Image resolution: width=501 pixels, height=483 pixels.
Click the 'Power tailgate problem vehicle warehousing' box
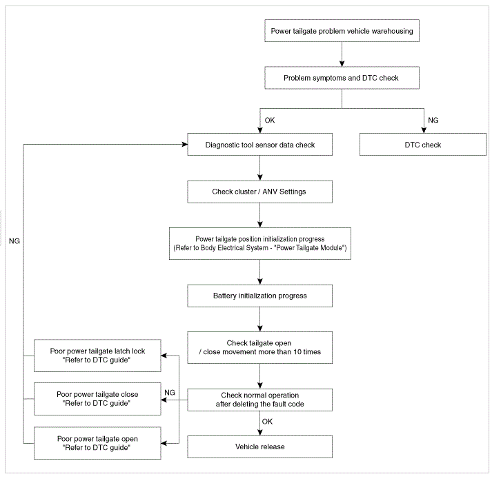click(342, 31)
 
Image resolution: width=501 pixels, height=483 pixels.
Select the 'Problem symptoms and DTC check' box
click(342, 78)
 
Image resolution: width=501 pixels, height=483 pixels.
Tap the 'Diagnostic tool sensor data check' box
click(259, 145)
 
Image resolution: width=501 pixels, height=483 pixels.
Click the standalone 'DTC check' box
click(423, 145)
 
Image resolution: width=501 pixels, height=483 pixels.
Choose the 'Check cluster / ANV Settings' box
click(259, 192)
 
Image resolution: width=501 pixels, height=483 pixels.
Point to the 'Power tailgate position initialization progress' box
click(260, 243)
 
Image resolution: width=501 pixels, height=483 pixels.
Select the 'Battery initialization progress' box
click(259, 296)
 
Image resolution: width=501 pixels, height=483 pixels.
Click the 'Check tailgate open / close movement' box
click(259, 347)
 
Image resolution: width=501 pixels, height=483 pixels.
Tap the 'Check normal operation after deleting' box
click(259, 400)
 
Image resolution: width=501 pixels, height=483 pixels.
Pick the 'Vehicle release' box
click(259, 446)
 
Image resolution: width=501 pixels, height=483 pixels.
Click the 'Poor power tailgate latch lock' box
click(97, 356)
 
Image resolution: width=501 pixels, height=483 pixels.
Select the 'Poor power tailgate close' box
click(97, 399)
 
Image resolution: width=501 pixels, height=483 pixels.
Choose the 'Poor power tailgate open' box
click(97, 443)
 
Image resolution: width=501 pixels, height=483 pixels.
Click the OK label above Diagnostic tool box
click(270, 121)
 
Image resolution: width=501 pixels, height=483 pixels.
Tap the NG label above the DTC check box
click(433, 121)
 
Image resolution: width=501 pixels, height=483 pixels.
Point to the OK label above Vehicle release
click(267, 422)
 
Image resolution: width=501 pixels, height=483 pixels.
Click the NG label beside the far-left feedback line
click(14, 241)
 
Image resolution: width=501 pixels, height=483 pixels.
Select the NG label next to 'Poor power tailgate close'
click(170, 393)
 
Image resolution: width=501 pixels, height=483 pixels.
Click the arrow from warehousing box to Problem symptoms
click(342, 54)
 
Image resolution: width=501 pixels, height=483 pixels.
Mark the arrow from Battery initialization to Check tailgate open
click(259, 319)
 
